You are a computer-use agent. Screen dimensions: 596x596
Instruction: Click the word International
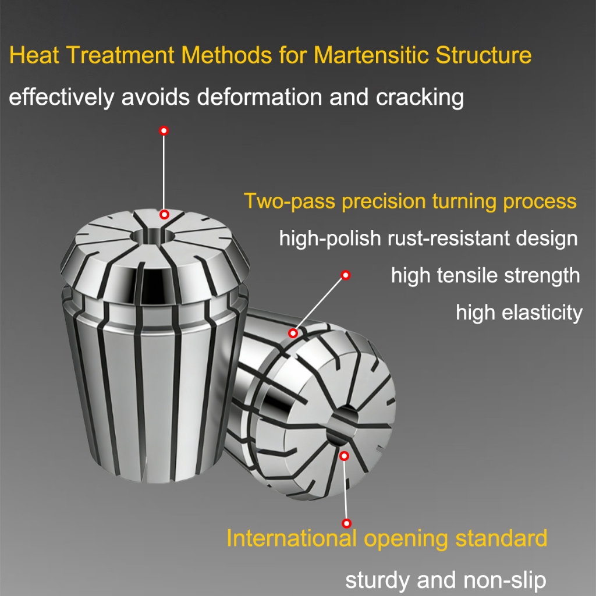tap(291, 538)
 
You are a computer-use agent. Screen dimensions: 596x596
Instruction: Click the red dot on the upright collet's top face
tap(164, 215)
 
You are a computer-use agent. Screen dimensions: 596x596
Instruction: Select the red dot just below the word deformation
tap(164, 130)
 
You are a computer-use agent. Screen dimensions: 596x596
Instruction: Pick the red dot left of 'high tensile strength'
tap(345, 275)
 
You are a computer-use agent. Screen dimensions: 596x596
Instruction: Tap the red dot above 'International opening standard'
tap(347, 523)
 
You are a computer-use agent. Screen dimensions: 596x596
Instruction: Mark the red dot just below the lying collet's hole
tap(344, 456)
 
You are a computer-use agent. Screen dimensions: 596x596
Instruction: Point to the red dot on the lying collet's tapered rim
tap(293, 333)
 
